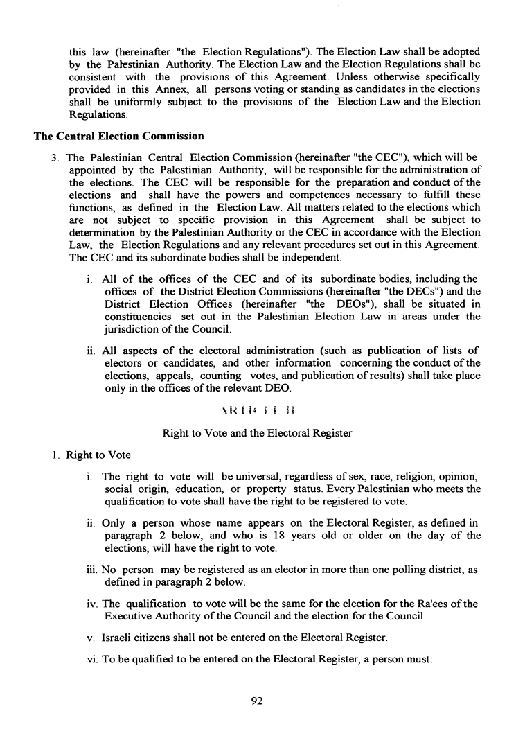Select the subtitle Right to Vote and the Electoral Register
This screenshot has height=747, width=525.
pyautogui.click(x=257, y=434)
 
